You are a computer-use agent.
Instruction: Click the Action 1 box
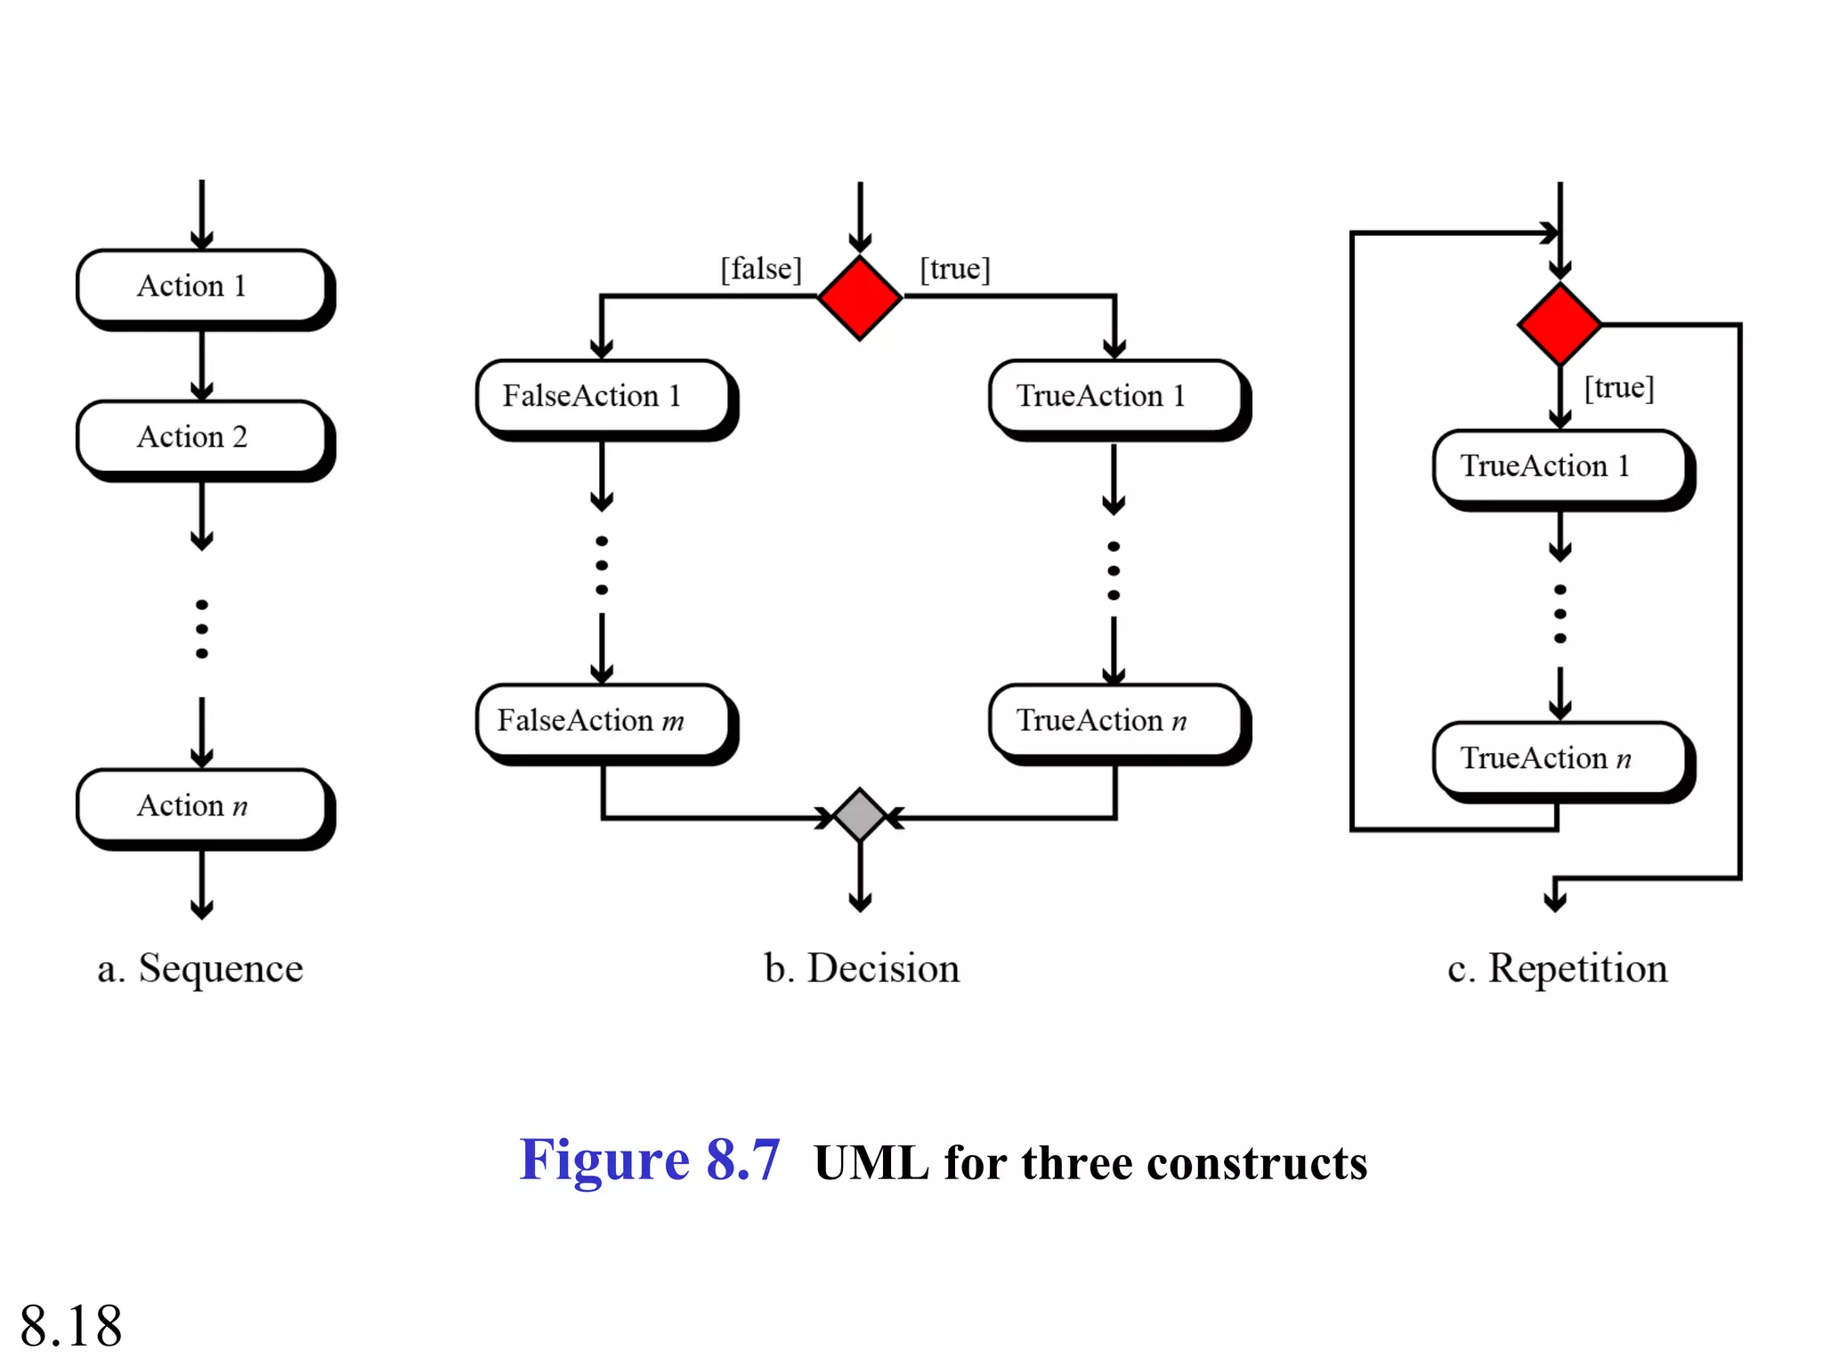pyautogui.click(x=202, y=286)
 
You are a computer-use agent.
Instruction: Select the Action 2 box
pyautogui.click(x=202, y=437)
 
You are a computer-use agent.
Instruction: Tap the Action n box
pyautogui.click(x=202, y=805)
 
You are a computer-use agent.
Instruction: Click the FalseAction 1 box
pyautogui.click(x=603, y=396)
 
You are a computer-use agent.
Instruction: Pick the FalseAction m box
pyautogui.click(x=603, y=720)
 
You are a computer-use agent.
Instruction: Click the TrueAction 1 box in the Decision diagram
pyautogui.click(x=1114, y=396)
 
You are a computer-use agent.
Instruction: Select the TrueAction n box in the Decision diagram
pyautogui.click(x=1114, y=720)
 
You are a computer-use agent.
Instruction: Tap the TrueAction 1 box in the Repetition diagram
pyautogui.click(x=1559, y=466)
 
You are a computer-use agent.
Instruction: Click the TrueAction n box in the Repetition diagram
pyautogui.click(x=1559, y=758)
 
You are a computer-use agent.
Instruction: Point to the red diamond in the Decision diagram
pyautogui.click(x=860, y=298)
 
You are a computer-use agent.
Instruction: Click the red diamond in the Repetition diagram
pyautogui.click(x=1560, y=325)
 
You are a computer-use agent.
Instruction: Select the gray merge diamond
pyautogui.click(x=860, y=815)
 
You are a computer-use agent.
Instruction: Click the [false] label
pyautogui.click(x=761, y=269)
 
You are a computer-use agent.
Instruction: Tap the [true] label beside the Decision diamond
pyautogui.click(x=955, y=269)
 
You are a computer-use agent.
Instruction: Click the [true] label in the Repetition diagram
pyautogui.click(x=1619, y=388)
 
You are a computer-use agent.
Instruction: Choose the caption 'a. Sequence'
pyautogui.click(x=200, y=968)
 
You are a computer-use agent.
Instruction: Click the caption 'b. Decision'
pyautogui.click(x=862, y=968)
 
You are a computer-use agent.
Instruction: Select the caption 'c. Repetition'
pyautogui.click(x=1558, y=968)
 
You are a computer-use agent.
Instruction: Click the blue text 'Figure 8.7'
pyautogui.click(x=650, y=1161)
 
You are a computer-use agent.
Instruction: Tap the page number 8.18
pyautogui.click(x=71, y=1326)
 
